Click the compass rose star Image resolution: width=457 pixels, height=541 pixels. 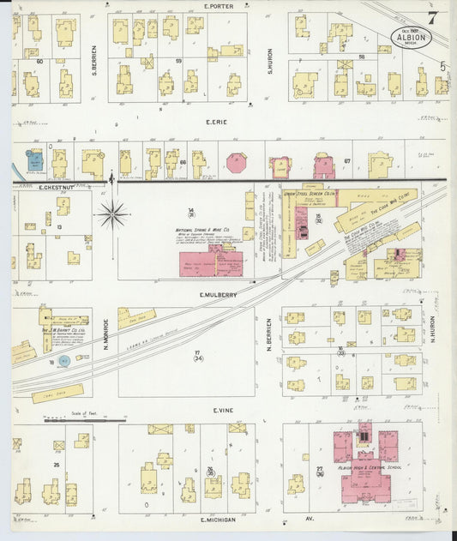point(112,214)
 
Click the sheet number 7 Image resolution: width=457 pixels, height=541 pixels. point(434,16)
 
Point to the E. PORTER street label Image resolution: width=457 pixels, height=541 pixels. point(219,6)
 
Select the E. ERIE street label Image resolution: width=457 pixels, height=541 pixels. point(214,122)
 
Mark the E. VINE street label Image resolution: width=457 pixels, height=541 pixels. point(223,412)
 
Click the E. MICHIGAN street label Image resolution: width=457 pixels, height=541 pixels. point(219,520)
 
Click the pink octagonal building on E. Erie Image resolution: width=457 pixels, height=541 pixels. point(235,163)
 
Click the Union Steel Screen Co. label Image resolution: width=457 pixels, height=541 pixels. point(309,195)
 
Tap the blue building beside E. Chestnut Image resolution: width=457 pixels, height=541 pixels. point(34,160)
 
